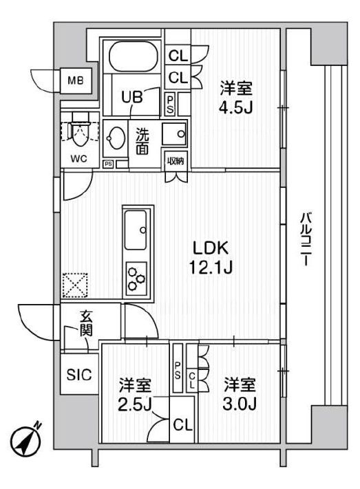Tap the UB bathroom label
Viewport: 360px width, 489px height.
[x=132, y=97]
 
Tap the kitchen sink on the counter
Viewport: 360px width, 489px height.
[x=136, y=230]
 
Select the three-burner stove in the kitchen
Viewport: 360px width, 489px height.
[x=136, y=279]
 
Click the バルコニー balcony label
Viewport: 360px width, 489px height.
[x=304, y=240]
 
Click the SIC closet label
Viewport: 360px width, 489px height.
[x=78, y=375]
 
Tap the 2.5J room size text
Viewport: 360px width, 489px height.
[x=135, y=404]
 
